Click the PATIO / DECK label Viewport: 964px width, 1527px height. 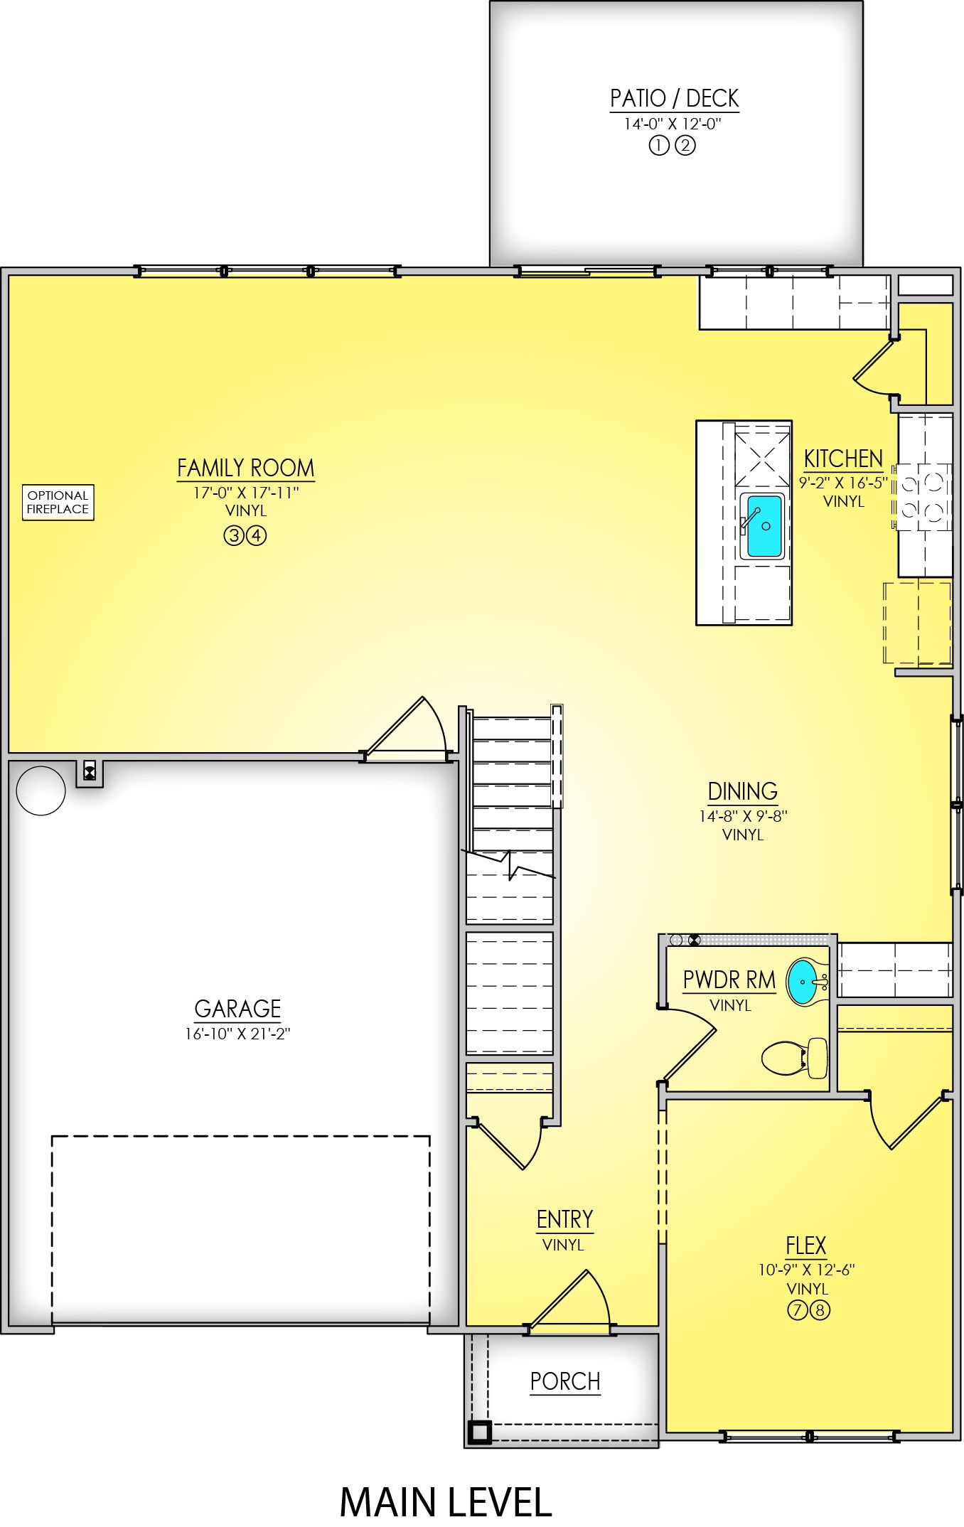(x=674, y=98)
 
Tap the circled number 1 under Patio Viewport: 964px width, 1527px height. (x=659, y=146)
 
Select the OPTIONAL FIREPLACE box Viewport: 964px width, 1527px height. (x=58, y=503)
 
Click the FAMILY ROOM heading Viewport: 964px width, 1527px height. (x=245, y=468)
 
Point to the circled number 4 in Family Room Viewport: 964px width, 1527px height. (x=257, y=535)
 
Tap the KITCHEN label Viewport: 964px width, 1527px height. (x=843, y=459)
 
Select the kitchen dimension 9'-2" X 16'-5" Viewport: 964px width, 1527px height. (x=843, y=483)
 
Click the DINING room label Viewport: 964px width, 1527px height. (x=742, y=791)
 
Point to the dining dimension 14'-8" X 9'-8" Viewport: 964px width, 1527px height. (x=743, y=816)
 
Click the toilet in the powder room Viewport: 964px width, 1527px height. (x=795, y=1058)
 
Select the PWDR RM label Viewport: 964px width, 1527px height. (x=729, y=980)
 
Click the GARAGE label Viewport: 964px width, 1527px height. (x=237, y=1009)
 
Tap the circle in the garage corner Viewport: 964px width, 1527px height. (x=41, y=791)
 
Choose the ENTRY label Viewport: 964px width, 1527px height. (x=564, y=1220)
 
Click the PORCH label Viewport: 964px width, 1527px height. (x=565, y=1381)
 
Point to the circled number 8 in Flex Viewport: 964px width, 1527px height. (x=820, y=1309)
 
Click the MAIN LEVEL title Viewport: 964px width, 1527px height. (x=446, y=1502)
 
